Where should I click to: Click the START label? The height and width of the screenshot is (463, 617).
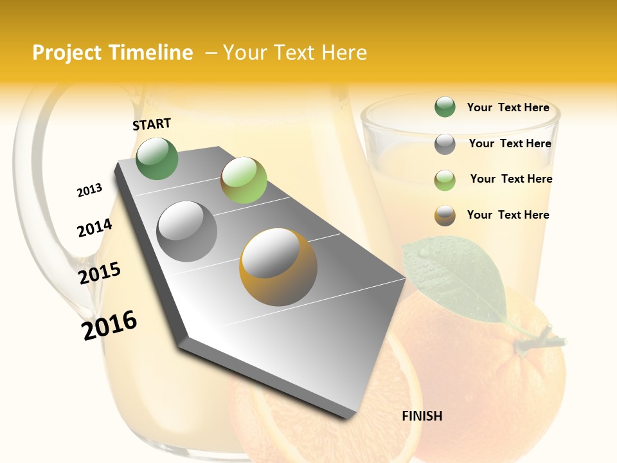pos(152,124)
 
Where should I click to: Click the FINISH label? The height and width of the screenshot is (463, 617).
pos(422,416)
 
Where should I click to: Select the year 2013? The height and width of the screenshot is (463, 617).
pos(89,190)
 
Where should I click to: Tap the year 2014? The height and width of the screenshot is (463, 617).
pos(94,228)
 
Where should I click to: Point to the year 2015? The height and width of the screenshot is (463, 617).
pos(100,273)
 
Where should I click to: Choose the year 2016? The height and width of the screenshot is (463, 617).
pos(109,325)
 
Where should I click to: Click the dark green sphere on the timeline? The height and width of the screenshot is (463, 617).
pos(157,158)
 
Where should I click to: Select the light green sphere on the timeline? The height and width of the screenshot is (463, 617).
pos(244,179)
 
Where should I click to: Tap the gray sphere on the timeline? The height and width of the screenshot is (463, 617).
pos(187,231)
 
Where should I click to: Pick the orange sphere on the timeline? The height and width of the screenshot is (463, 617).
pos(278,266)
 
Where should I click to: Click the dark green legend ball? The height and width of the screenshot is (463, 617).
pos(445,107)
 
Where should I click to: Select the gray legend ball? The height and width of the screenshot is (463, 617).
pos(445,144)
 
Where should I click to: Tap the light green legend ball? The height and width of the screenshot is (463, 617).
pos(445,179)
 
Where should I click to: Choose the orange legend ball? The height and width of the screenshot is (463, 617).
pos(445,215)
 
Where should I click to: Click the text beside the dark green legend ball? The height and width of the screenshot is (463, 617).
pos(508,107)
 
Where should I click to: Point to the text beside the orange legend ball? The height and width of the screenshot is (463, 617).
pos(508,215)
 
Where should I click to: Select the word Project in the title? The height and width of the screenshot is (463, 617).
pos(67,53)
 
